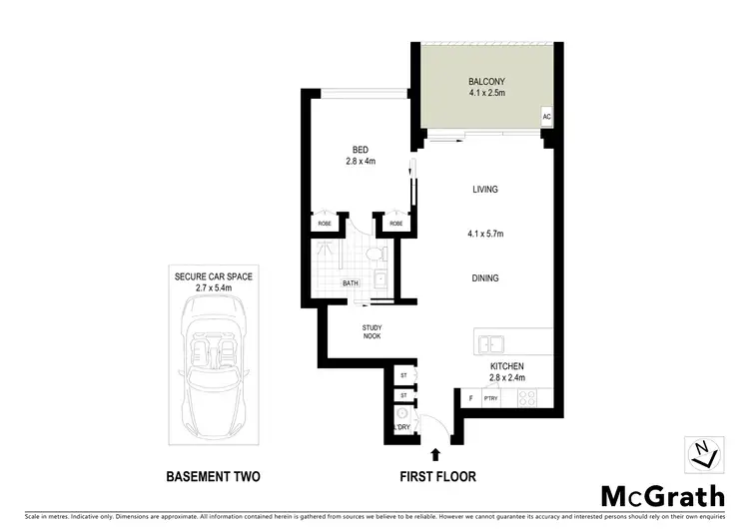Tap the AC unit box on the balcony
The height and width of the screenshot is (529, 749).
(x=546, y=117)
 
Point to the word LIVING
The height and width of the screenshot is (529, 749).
(x=485, y=190)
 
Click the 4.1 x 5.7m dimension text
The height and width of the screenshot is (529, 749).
(x=485, y=235)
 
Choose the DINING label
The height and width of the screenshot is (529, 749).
(x=485, y=278)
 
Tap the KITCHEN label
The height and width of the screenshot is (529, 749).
(x=506, y=366)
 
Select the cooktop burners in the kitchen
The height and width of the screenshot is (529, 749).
(x=526, y=399)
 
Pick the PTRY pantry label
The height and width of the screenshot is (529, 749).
(x=490, y=399)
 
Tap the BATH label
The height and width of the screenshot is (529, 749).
(x=351, y=283)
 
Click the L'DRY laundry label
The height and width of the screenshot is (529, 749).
(x=403, y=428)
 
